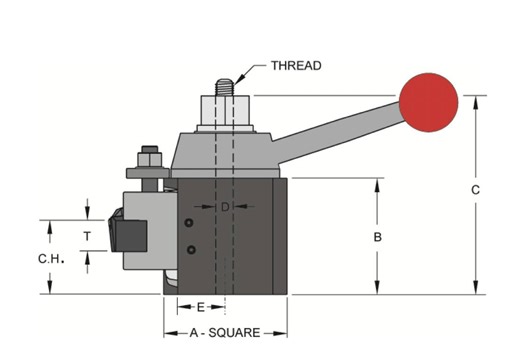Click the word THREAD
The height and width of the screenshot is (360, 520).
(296, 66)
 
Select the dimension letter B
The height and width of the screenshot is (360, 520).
(377, 238)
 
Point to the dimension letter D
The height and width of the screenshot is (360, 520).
(225, 207)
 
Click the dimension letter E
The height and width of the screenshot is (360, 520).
(201, 306)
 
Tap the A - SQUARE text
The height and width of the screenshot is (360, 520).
(225, 333)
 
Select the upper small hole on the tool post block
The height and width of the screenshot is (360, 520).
(189, 223)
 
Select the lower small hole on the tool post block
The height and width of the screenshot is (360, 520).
(189, 248)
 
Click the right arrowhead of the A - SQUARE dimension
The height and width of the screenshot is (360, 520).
(283, 333)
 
